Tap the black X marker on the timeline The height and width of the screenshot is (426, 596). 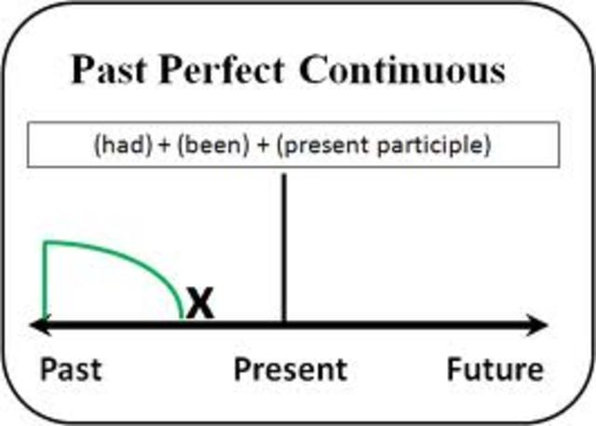[199, 304]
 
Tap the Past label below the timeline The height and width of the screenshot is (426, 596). [71, 370]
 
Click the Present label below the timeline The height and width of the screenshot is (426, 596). [290, 370]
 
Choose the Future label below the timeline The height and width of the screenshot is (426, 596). [494, 370]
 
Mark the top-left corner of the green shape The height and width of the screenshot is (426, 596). [46, 243]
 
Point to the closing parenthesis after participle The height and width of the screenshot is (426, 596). [489, 146]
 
